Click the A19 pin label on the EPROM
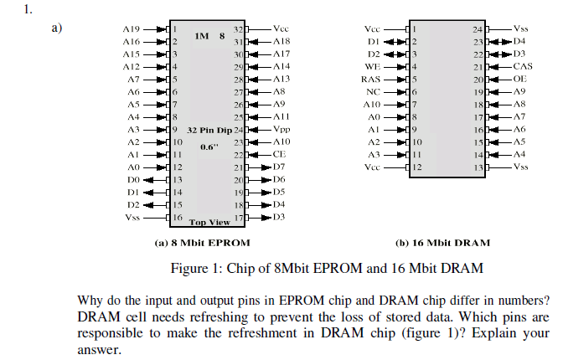click(x=130, y=28)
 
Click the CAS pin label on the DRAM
click(x=523, y=65)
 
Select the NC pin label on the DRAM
click(x=374, y=90)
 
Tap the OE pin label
click(x=519, y=78)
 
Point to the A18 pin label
click(x=281, y=40)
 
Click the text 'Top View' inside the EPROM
click(x=209, y=222)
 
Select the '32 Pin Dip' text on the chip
click(x=209, y=131)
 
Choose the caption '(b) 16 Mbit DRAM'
click(x=442, y=242)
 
